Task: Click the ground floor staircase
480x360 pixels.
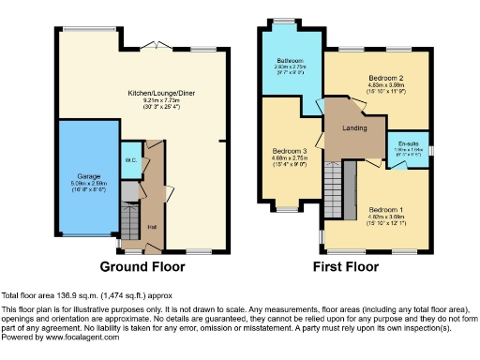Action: pos(127,222)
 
